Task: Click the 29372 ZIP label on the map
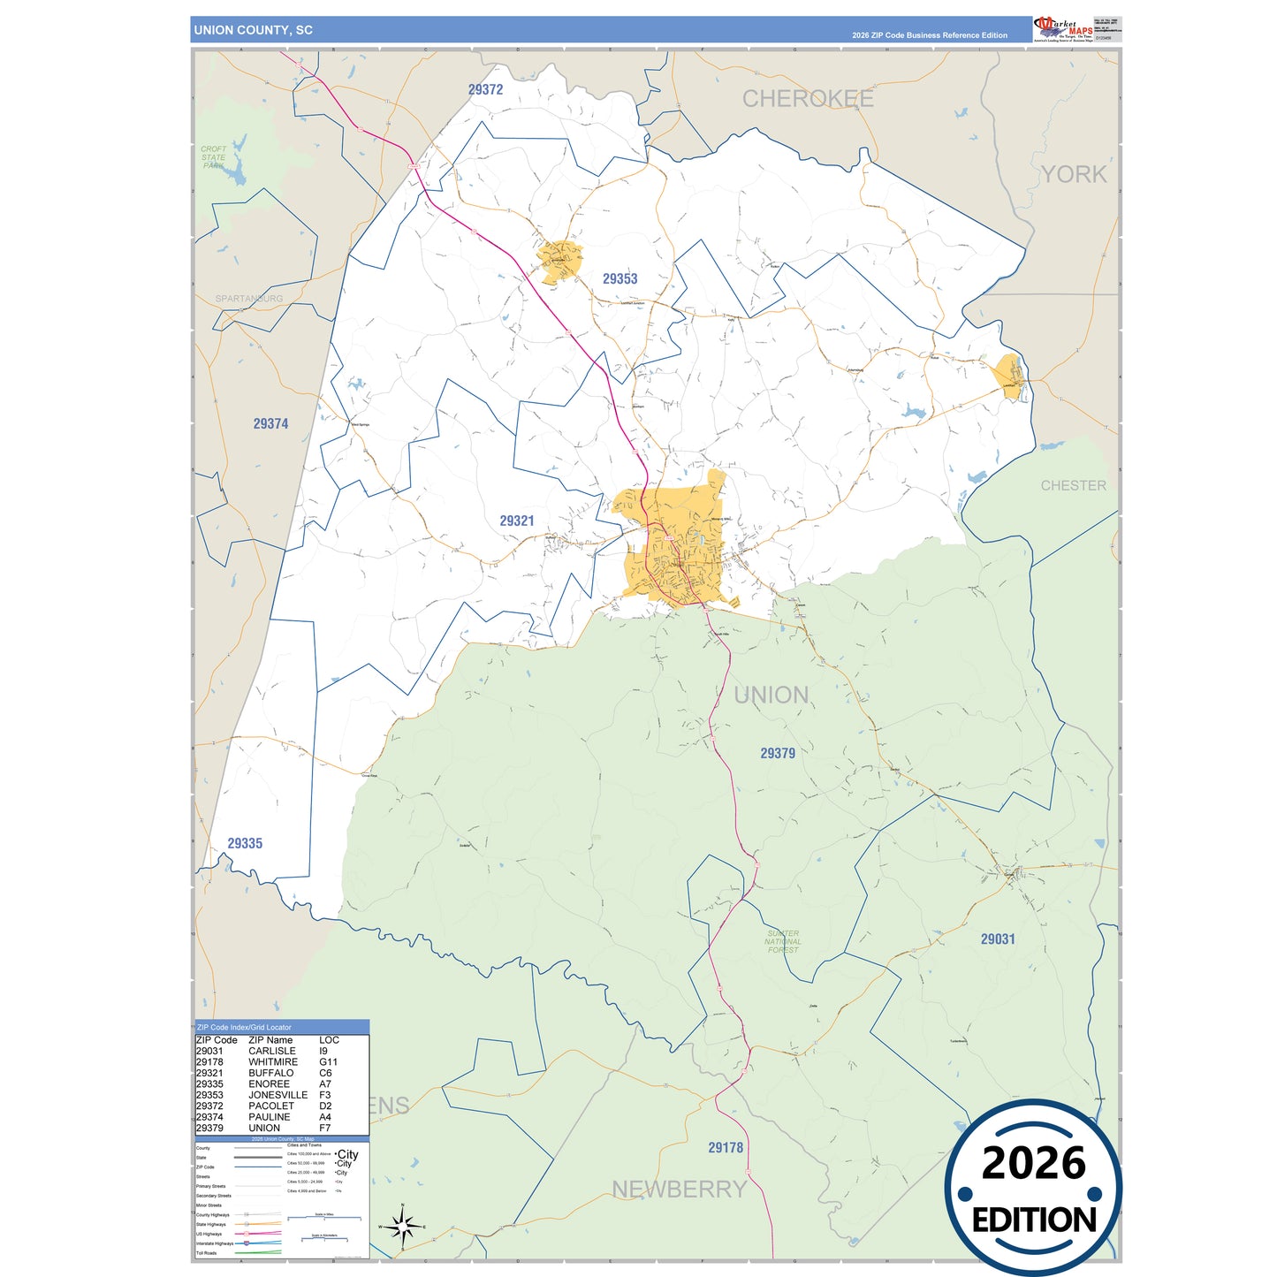[x=485, y=89]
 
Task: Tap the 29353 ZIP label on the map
[x=619, y=278]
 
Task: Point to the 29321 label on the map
[x=517, y=521]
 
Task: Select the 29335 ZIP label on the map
[x=245, y=843]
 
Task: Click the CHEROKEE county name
[x=808, y=99]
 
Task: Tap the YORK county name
[x=1074, y=174]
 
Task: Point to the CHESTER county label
[x=1073, y=485]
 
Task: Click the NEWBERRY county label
[x=680, y=1190]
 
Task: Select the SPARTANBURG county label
[x=249, y=299]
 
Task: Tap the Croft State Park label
[x=213, y=157]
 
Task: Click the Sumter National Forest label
[x=783, y=941]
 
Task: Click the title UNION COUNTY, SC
[x=254, y=30]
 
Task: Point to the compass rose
[x=402, y=1227]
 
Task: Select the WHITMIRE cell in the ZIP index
[x=273, y=1062]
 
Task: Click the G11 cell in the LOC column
[x=329, y=1062]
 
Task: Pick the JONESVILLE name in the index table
[x=277, y=1095]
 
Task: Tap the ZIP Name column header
[x=270, y=1040]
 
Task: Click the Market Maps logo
[x=1062, y=28]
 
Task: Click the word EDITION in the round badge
[x=1033, y=1220]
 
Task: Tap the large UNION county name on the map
[x=771, y=695]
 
